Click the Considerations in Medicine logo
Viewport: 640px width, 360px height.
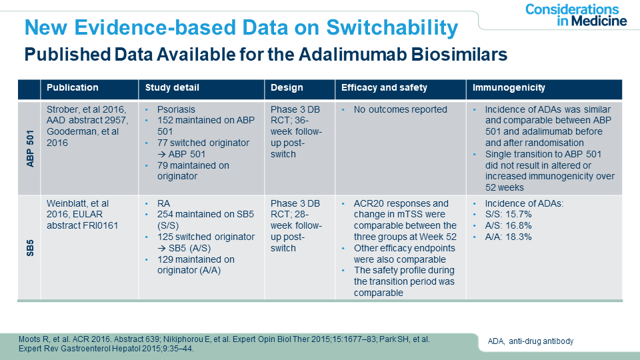click(575, 15)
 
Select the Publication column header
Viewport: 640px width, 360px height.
click(73, 88)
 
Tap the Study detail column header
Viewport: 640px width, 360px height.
click(172, 88)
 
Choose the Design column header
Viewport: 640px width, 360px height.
click(287, 88)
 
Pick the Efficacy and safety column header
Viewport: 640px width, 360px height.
click(384, 88)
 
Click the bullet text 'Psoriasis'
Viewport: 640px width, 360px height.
click(176, 110)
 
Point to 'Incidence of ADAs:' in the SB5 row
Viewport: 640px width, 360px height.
click(525, 203)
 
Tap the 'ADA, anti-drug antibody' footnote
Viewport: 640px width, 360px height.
click(531, 341)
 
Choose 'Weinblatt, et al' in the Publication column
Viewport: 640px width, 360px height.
click(78, 203)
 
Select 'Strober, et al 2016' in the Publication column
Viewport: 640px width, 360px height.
click(85, 110)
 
